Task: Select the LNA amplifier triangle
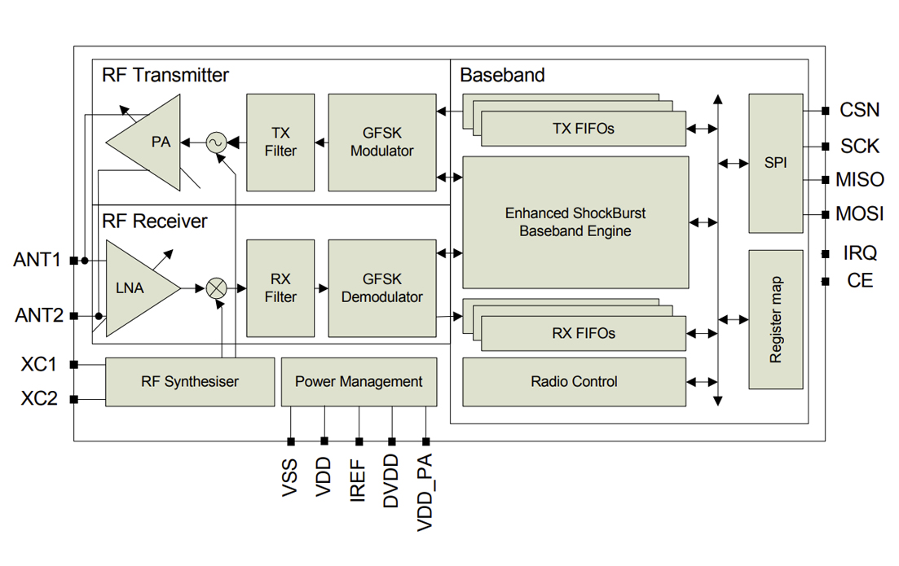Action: tap(134, 287)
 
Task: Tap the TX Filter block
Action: tap(280, 143)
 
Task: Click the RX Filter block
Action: tap(280, 288)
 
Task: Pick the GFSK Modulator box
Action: tap(381, 143)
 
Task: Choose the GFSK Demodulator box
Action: tap(381, 288)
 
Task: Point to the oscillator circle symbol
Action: tap(216, 143)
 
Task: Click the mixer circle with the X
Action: tap(216, 287)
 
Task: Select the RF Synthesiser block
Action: tap(190, 381)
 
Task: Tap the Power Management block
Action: tap(359, 381)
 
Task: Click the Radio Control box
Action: tap(574, 381)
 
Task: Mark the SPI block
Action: tap(775, 163)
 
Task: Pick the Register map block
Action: tap(775, 319)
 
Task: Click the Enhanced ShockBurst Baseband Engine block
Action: tap(575, 222)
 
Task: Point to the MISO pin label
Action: tap(860, 180)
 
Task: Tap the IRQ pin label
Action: tap(860, 253)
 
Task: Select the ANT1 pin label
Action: tap(37, 261)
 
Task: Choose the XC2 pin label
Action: tap(39, 399)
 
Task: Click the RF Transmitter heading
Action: tap(165, 76)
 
